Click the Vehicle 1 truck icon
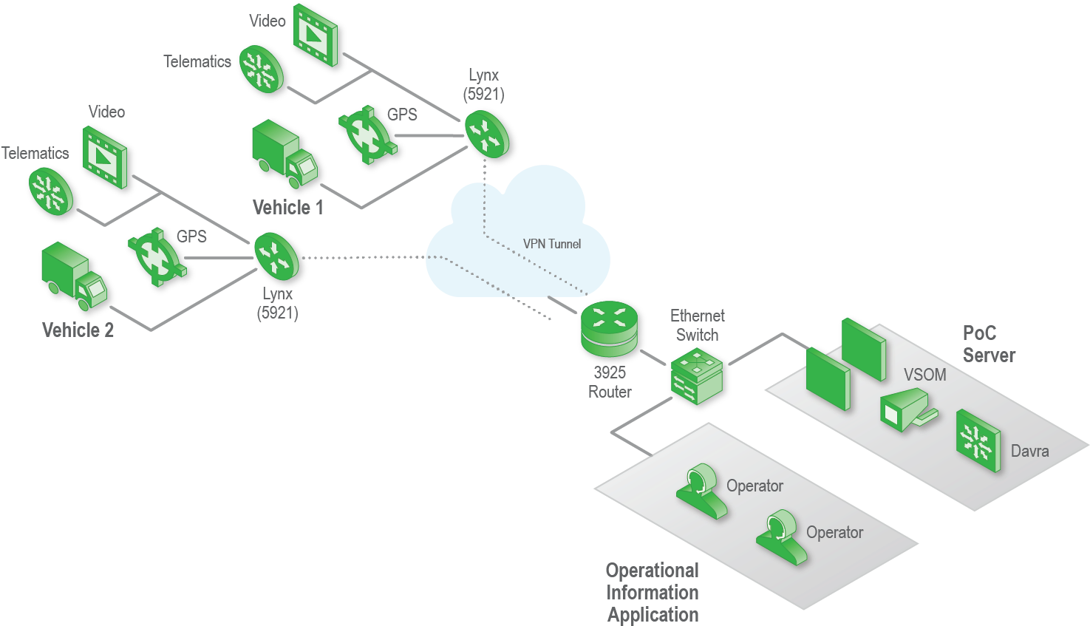point(284,154)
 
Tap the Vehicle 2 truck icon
point(73,276)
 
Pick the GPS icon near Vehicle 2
point(156,256)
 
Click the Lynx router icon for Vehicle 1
point(486,134)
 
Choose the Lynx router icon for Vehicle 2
point(276,256)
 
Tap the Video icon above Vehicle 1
point(316,34)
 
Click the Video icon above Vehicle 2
point(105,157)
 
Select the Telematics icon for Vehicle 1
point(262,69)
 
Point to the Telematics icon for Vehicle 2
point(51,191)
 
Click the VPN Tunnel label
point(551,244)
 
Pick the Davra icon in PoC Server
point(978,441)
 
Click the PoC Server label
point(988,344)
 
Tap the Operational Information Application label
point(652,592)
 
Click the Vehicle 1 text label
point(287,208)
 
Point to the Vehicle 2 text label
point(78,330)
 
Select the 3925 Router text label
point(610,382)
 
